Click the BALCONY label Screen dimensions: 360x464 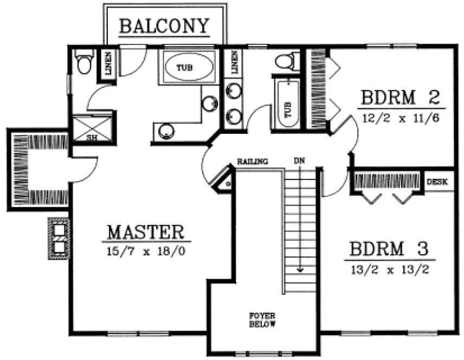[164, 26]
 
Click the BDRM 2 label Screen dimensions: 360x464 [400, 99]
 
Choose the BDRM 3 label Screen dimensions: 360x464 [389, 249]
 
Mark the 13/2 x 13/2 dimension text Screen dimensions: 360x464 [389, 267]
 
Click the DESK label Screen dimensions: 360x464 [437, 183]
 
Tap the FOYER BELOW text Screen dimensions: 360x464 [263, 320]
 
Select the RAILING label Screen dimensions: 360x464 [253, 162]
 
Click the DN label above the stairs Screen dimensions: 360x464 [299, 161]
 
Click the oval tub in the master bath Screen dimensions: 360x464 [188, 68]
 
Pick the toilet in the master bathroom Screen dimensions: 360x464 [83, 62]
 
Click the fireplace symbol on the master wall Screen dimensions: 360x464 [59, 238]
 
